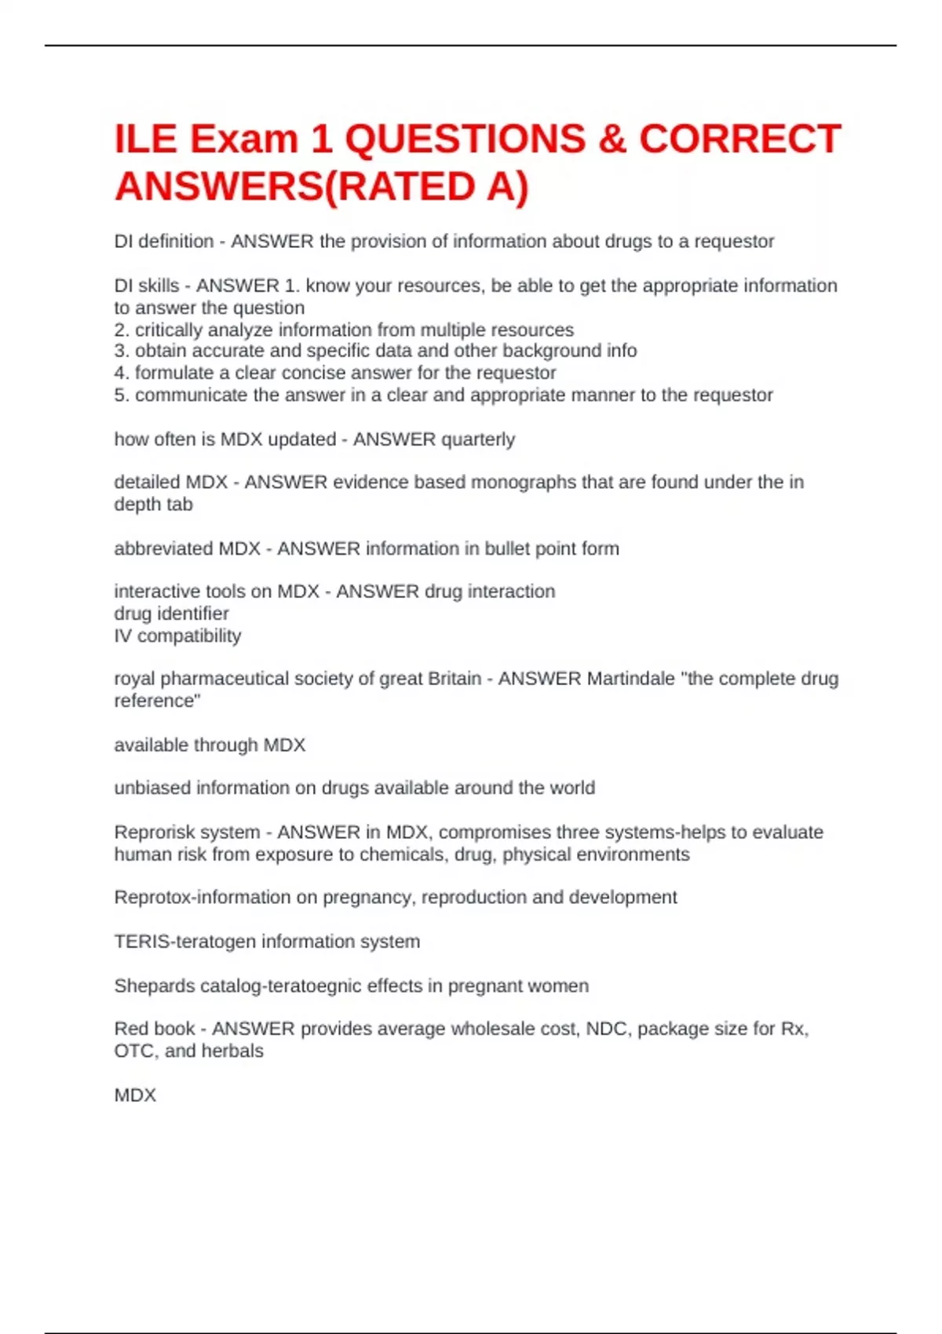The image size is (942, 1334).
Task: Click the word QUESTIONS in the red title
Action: tap(465, 140)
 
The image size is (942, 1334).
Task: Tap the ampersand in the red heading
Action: tap(612, 140)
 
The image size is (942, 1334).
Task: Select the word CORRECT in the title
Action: tap(739, 140)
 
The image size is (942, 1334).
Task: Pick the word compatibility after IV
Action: tap(189, 636)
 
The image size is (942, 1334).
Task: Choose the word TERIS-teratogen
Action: tap(185, 942)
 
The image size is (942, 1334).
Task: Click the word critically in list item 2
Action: tap(167, 330)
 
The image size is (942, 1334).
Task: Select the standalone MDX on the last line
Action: tap(135, 1095)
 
